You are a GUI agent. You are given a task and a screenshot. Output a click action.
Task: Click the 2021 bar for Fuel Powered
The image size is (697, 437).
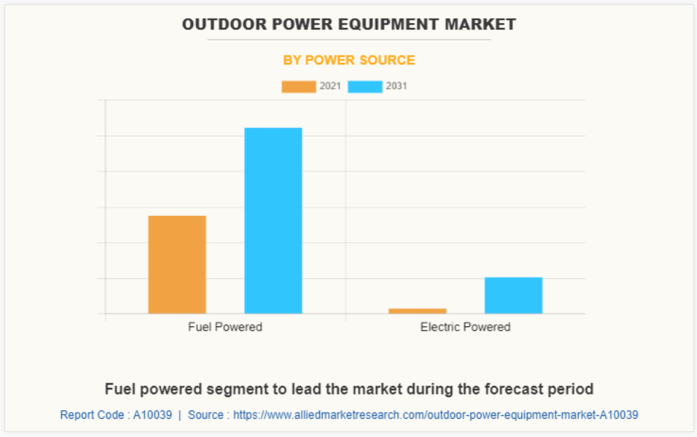coord(177,264)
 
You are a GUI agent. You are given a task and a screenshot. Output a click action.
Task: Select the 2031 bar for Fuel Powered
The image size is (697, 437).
coord(273,220)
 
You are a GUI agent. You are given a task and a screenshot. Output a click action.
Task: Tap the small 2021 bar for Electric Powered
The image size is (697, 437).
coord(417,310)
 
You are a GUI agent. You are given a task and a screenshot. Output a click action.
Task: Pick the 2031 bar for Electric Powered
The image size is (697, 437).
coord(513,295)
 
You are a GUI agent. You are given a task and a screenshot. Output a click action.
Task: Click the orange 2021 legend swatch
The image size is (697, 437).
coord(298,87)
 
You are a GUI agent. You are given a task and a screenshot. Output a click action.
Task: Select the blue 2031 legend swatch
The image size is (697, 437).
coord(365,87)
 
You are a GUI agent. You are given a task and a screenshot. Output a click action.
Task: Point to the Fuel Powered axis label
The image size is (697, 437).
coord(225,327)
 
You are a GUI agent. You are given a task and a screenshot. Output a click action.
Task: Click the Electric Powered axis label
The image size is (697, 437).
coord(465,327)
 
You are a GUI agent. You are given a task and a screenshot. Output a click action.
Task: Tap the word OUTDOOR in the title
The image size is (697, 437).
coord(216,24)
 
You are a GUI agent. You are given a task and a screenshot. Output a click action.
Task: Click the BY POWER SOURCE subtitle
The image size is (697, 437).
coord(348,60)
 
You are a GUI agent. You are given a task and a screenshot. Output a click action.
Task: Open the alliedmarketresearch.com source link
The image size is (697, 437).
coord(435,415)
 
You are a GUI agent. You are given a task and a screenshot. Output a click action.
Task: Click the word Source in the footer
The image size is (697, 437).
coord(206,415)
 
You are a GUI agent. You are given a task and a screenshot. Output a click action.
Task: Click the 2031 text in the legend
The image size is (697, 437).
coord(396,87)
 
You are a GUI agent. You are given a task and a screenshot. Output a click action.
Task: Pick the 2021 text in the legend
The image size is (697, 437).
coord(330,87)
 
